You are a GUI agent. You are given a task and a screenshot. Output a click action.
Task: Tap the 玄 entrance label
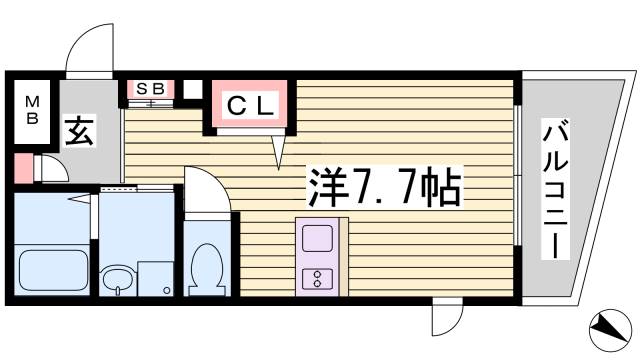pyautogui.click(x=80, y=130)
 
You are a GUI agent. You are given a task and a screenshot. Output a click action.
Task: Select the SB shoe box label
pyautogui.click(x=150, y=89)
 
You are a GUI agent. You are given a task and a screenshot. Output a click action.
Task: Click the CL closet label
pyautogui.click(x=249, y=104)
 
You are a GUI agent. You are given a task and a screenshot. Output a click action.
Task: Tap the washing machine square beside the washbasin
pyautogui.click(x=155, y=279)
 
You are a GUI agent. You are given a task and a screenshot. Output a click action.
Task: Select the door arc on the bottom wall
pyautogui.click(x=443, y=321)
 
